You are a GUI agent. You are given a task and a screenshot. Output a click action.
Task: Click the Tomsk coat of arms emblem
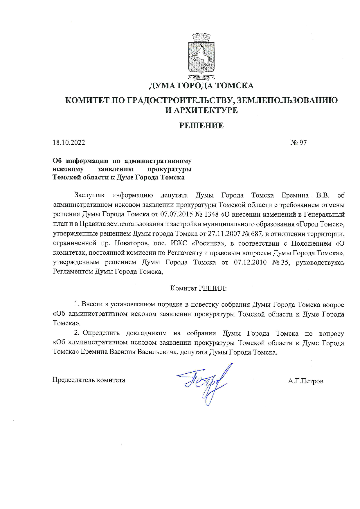[201, 57]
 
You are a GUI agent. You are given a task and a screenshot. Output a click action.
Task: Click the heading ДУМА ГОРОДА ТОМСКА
[201, 86]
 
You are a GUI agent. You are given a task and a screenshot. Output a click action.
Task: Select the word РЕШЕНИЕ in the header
[201, 125]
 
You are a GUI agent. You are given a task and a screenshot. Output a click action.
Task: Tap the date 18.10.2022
[69, 143]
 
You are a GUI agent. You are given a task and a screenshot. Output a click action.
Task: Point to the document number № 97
[298, 143]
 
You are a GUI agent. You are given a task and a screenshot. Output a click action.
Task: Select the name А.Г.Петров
[305, 381]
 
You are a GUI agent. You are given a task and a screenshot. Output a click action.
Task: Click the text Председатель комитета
[89, 380]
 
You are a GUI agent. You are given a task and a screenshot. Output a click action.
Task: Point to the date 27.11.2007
[225, 234]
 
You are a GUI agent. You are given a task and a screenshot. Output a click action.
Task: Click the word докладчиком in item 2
[146, 333]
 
